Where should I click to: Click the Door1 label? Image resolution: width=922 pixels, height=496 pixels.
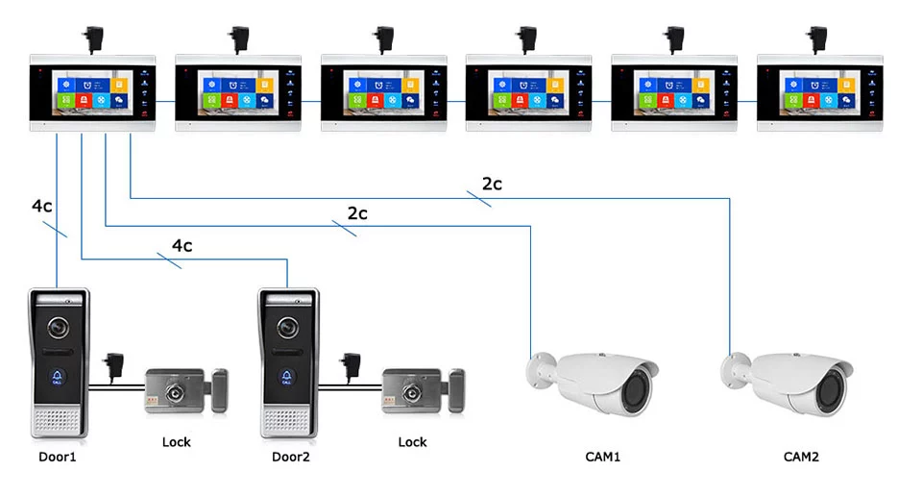(57, 457)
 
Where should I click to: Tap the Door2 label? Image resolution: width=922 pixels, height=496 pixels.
(291, 457)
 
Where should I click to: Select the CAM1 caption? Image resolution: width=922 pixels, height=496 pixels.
(603, 457)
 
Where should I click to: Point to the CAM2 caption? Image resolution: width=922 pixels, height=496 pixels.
(801, 457)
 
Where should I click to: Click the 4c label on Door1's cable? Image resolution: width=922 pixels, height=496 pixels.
(42, 206)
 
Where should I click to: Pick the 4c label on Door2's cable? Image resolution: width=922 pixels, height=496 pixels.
(182, 245)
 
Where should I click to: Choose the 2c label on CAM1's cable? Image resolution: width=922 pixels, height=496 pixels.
(357, 213)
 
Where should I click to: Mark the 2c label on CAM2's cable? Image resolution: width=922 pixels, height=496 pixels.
(492, 184)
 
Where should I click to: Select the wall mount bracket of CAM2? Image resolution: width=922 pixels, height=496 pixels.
(735, 366)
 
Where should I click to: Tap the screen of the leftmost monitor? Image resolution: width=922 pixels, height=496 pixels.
(92, 92)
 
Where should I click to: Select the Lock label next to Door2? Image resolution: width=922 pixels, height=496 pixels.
(412, 442)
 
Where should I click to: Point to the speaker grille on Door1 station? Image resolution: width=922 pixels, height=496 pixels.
(58, 418)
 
